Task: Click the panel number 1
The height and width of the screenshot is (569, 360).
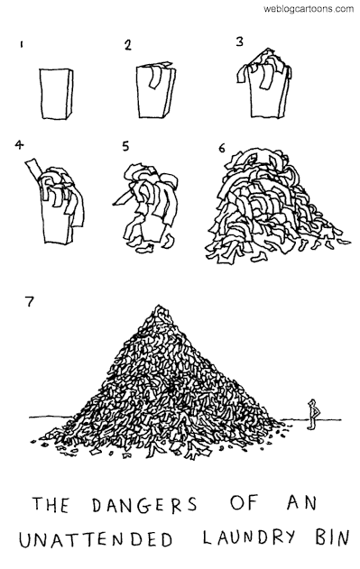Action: pos(23,44)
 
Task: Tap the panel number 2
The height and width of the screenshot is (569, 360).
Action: pos(127,45)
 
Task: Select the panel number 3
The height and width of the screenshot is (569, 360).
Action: pos(239,41)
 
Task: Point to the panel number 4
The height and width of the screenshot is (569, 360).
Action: pos(19,145)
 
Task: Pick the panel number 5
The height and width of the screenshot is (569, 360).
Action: pos(125,146)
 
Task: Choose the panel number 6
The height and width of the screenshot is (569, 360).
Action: pos(222,148)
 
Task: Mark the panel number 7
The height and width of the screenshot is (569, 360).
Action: pos(29,301)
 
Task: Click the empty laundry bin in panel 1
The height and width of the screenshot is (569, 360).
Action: pos(56,93)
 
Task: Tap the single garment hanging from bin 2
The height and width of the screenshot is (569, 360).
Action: pos(153,77)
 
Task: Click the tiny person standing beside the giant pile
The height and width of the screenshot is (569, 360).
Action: pos(311,414)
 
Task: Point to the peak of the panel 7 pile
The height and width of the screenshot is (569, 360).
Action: pos(158,307)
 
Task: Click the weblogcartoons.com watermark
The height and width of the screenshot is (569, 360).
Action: pos(309,8)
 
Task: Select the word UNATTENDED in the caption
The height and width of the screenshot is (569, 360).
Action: pos(96,539)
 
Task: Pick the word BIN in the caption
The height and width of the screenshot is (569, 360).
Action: pos(331,537)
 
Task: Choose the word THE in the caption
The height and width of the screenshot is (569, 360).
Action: pos(51,505)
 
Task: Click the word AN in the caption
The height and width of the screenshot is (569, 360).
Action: pos(302,502)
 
